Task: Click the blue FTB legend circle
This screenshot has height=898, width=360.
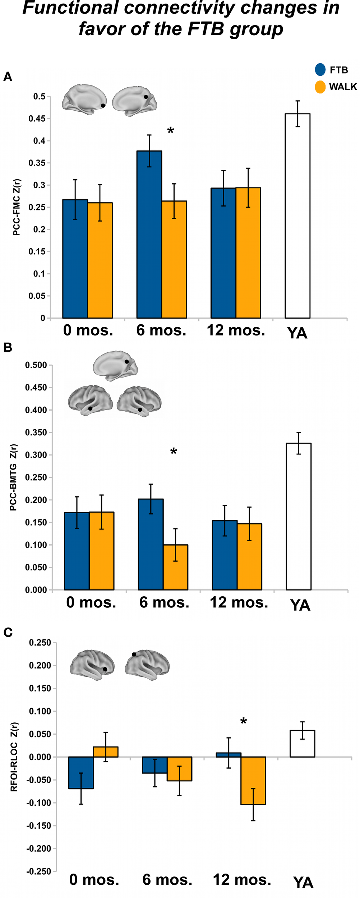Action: pyautogui.click(x=320, y=70)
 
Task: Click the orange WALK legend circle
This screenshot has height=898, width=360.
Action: pyautogui.click(x=320, y=87)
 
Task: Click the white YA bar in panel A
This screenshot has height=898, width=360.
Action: pyautogui.click(x=297, y=216)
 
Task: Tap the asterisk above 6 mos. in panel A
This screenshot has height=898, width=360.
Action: pyautogui.click(x=171, y=131)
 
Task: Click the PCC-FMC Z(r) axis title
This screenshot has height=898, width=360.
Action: pyautogui.click(x=17, y=207)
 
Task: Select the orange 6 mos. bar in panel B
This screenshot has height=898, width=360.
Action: pyautogui.click(x=175, y=567)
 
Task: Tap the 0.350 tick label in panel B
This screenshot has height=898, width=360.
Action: pyautogui.click(x=36, y=432)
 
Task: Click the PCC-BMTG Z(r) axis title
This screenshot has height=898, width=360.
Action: pyautogui.click(x=14, y=477)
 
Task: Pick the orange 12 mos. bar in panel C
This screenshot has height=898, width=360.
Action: pyautogui.click(x=253, y=781)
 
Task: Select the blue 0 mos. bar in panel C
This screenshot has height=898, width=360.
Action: pyautogui.click(x=81, y=773)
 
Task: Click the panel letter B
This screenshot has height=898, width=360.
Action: pyautogui.click(x=8, y=347)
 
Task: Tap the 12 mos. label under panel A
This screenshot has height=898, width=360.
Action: pyautogui.click(x=236, y=330)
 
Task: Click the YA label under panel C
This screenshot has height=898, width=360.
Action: pyautogui.click(x=303, y=883)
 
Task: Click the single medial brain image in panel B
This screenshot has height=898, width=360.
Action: pyautogui.click(x=115, y=366)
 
